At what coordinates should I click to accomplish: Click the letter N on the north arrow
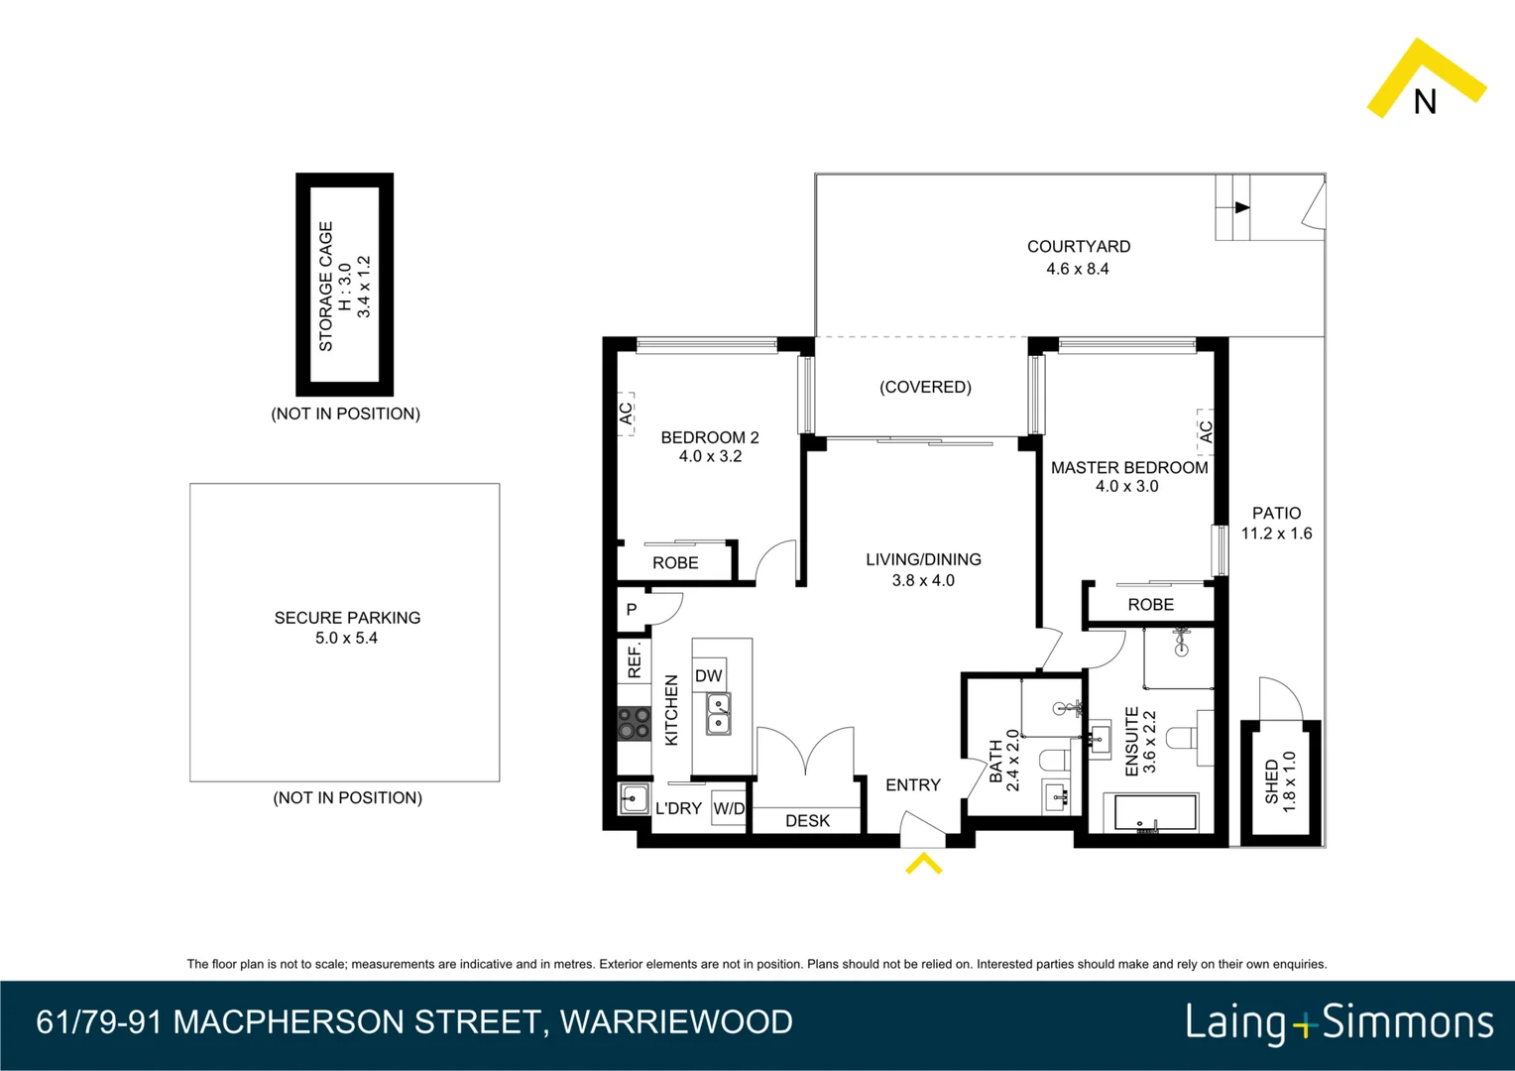(1425, 102)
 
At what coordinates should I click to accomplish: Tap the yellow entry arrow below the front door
(923, 864)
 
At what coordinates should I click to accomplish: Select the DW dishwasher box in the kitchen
(709, 675)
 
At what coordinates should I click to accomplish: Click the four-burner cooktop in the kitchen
(634, 724)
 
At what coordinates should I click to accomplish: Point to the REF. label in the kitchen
(635, 660)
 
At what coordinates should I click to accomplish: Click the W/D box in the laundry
(729, 808)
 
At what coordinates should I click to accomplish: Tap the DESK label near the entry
(807, 821)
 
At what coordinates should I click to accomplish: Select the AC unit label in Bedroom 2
(626, 413)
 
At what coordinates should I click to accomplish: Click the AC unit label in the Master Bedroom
(1206, 431)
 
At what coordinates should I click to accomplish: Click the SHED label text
(1272, 781)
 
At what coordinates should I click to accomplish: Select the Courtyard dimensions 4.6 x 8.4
(1078, 269)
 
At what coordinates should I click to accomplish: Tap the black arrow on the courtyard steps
(1241, 207)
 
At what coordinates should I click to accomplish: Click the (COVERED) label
(925, 387)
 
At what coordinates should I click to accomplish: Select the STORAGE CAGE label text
(325, 286)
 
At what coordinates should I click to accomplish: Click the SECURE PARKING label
(347, 618)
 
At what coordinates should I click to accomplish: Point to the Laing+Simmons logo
(1340, 1022)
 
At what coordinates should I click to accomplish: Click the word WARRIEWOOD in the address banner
(676, 1022)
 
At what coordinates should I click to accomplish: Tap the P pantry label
(632, 610)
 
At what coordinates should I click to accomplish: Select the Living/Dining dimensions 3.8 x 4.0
(923, 581)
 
